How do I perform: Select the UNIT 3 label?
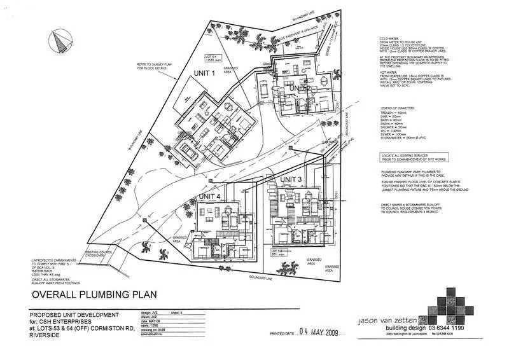pos(291,181)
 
